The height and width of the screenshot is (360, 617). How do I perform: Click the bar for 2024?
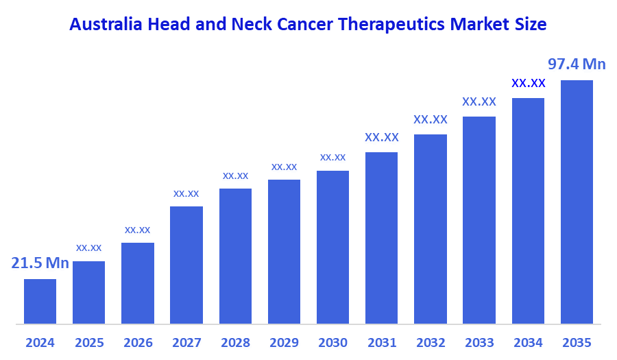[x=40, y=301]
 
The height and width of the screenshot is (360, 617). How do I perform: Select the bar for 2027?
[x=186, y=265]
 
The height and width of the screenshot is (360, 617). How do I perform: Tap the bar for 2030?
[x=332, y=247]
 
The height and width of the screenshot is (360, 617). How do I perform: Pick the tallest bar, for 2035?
[x=577, y=202]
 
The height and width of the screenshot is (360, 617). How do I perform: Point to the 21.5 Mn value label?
[x=40, y=263]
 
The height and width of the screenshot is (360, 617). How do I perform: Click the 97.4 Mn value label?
[x=577, y=64]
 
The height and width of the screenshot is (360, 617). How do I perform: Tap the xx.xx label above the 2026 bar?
[x=137, y=230]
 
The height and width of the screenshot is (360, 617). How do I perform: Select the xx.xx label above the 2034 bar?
[x=529, y=83]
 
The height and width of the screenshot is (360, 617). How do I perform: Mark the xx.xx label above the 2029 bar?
[x=284, y=167]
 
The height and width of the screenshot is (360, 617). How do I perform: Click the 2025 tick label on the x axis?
[x=88, y=342]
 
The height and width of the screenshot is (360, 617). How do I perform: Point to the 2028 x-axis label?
[x=235, y=342]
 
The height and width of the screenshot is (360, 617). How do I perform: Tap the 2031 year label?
[x=382, y=342]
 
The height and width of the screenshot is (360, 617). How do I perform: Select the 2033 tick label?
[x=479, y=342]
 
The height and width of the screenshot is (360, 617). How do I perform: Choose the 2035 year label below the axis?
[x=577, y=342]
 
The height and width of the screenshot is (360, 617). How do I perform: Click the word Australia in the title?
[x=106, y=25]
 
